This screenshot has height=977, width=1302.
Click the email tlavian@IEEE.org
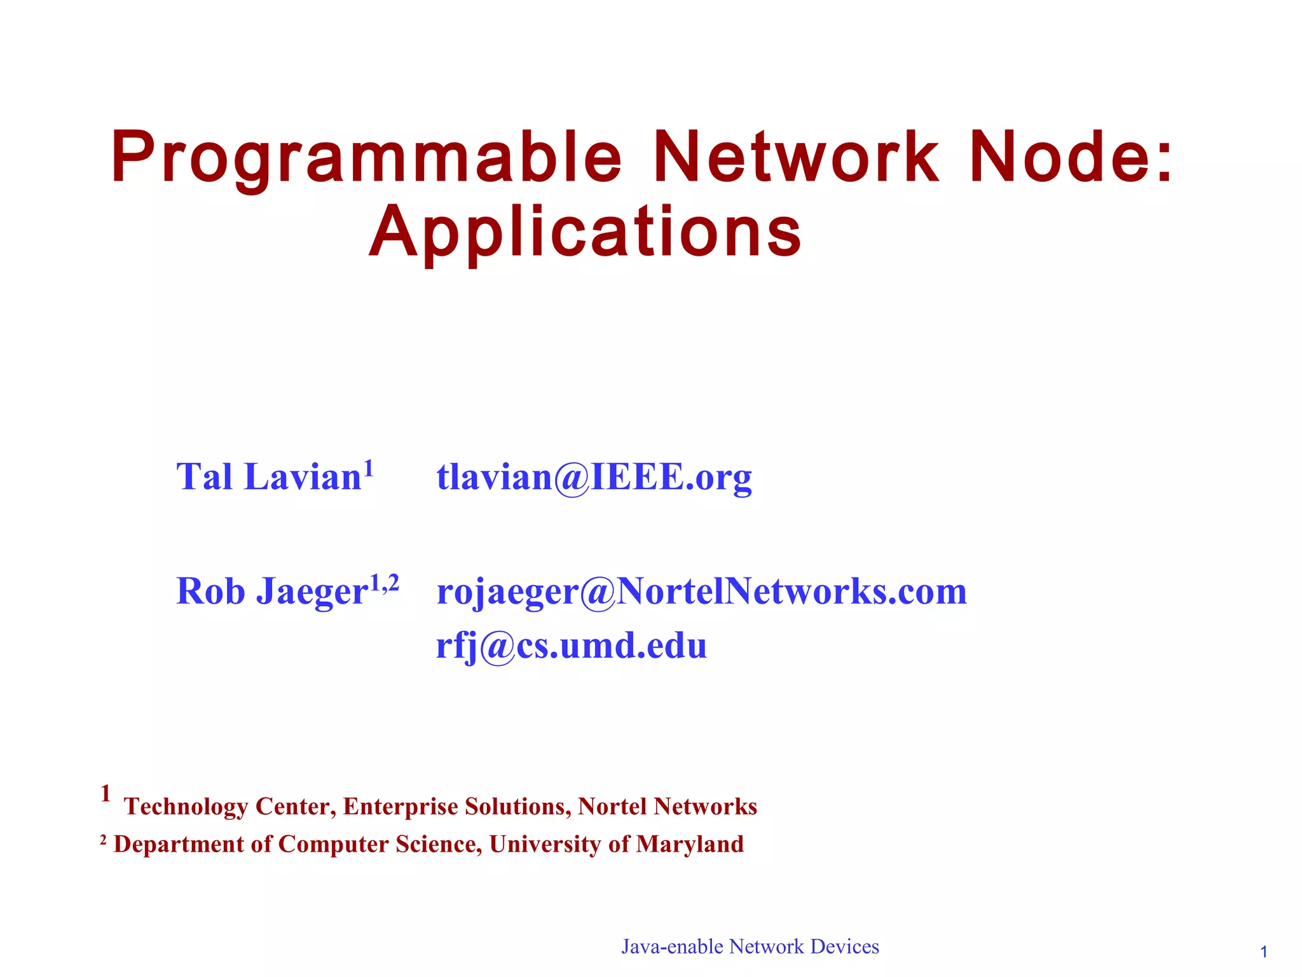[594, 477]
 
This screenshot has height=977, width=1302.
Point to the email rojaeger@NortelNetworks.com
[701, 592]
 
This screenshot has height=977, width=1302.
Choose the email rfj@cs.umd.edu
[571, 646]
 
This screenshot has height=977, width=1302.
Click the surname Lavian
[303, 477]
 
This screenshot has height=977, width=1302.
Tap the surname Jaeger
[312, 592]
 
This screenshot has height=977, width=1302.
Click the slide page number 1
[1264, 952]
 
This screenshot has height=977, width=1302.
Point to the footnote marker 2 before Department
[104, 841]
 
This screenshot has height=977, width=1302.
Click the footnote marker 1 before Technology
[106, 793]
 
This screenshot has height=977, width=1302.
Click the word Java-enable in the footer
[672, 947]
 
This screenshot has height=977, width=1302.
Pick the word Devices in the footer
[844, 946]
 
